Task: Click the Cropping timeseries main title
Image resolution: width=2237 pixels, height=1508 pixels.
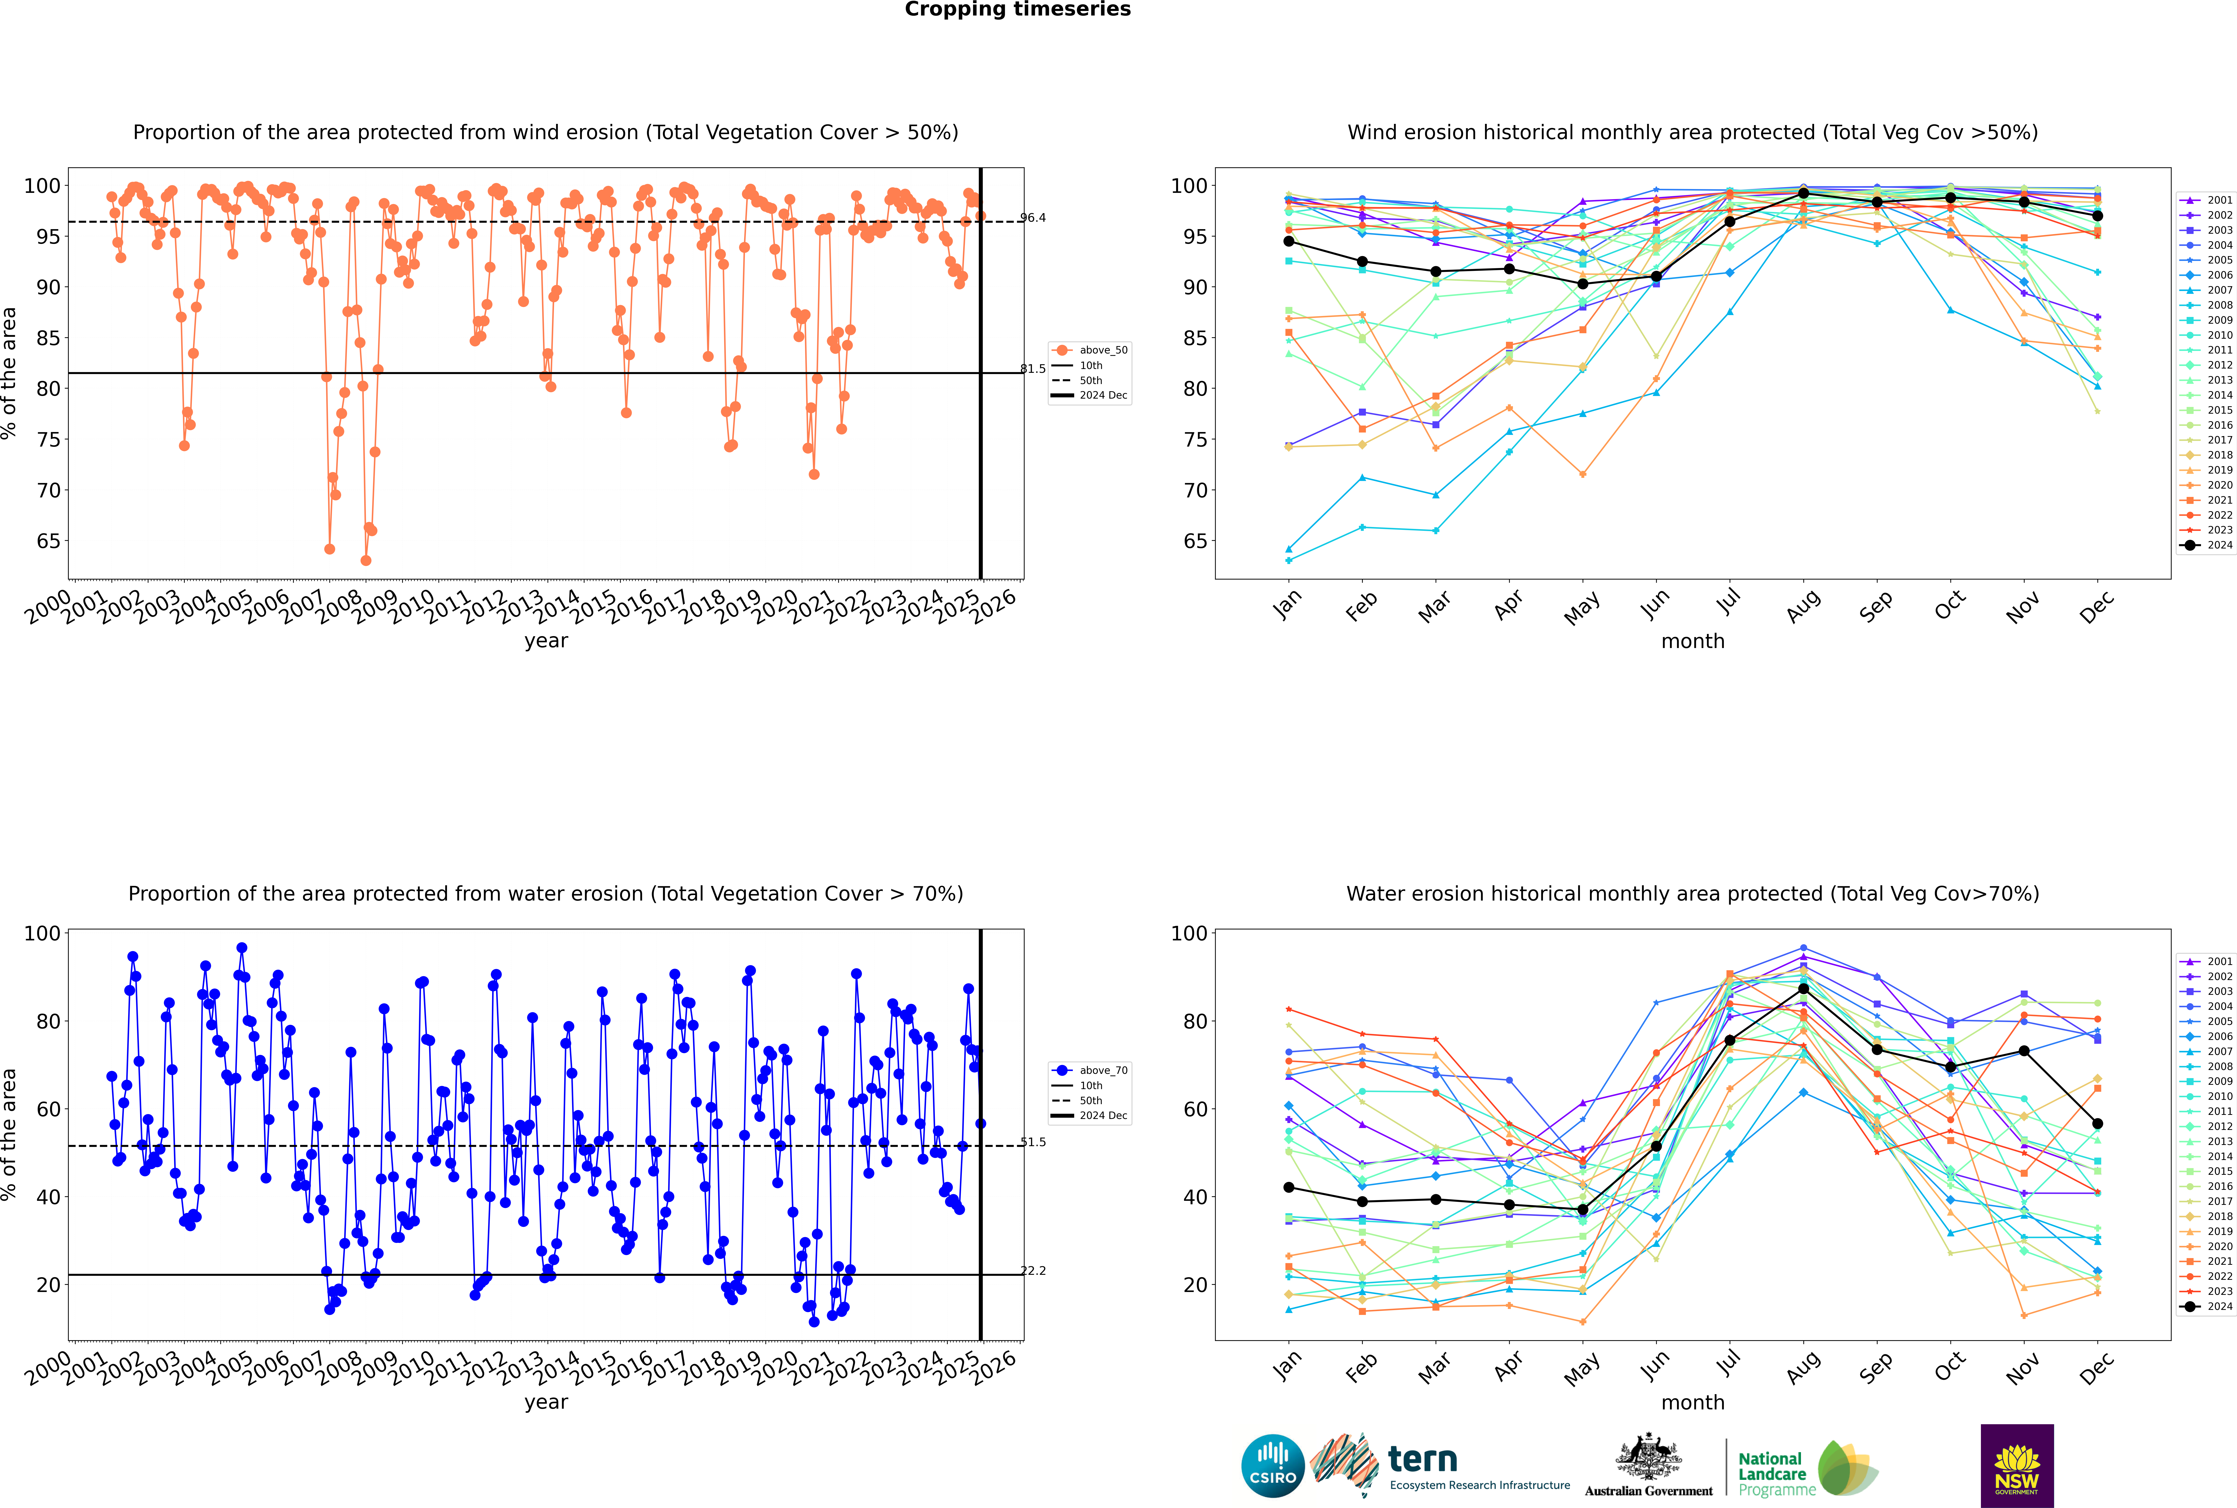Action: point(1017,10)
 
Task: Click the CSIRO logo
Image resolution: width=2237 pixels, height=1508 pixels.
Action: point(1272,1466)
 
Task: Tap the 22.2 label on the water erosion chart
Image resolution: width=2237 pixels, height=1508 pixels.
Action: point(1033,1271)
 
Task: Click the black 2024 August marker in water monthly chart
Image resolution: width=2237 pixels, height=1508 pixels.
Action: point(1803,989)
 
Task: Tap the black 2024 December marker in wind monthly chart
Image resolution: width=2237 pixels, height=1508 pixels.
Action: point(2098,216)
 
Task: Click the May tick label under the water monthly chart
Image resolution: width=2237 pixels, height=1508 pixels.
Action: point(1582,1368)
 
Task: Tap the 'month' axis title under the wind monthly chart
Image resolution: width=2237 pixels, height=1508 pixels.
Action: point(1693,642)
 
